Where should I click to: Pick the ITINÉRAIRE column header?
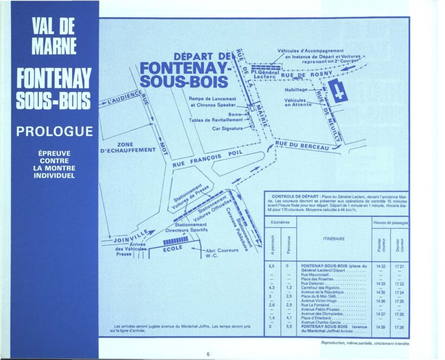click(x=334, y=238)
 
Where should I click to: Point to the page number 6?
click(x=208, y=353)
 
